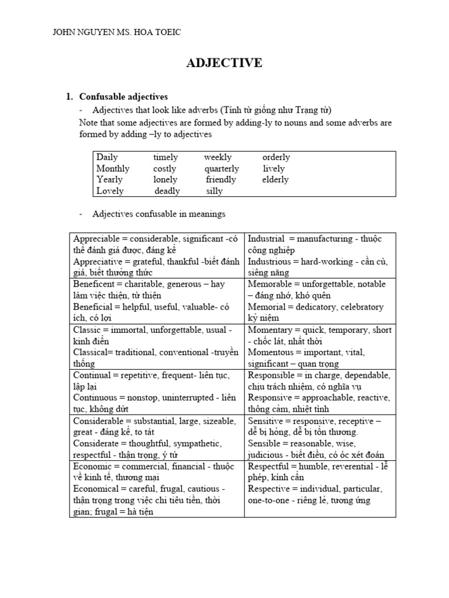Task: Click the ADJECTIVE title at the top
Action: point(224,63)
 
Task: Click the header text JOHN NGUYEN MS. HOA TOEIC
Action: point(117,32)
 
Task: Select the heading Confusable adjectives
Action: point(123,96)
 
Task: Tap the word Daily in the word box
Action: point(107,157)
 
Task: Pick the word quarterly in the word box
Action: point(222,168)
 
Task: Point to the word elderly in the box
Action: point(275,179)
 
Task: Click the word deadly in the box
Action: point(167,191)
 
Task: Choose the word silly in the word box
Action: point(215,191)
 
